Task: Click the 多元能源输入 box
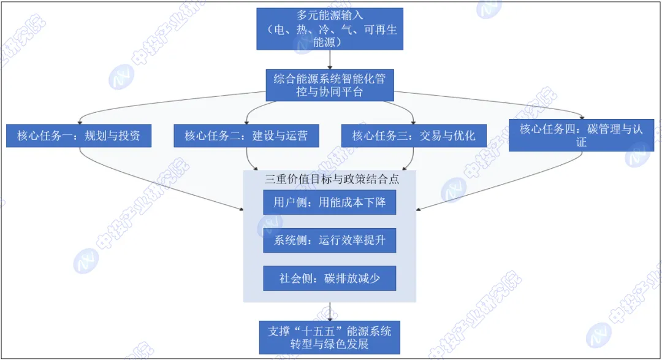[x=330, y=29]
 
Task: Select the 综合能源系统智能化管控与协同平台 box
[x=330, y=85]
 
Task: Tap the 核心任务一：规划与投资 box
[x=79, y=136]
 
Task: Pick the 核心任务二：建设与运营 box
[x=246, y=136]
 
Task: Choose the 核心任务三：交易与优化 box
[x=414, y=136]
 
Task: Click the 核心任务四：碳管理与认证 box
[x=581, y=135]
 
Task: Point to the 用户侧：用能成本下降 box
[x=330, y=202]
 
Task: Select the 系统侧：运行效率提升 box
[x=330, y=240]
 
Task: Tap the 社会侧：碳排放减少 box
[x=330, y=278]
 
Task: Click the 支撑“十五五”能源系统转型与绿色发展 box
[x=330, y=337]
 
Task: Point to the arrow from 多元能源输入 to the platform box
[x=330, y=59]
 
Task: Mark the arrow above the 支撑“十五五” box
[x=330, y=312]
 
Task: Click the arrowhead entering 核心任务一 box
[x=80, y=121]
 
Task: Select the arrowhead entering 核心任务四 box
[x=582, y=117]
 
